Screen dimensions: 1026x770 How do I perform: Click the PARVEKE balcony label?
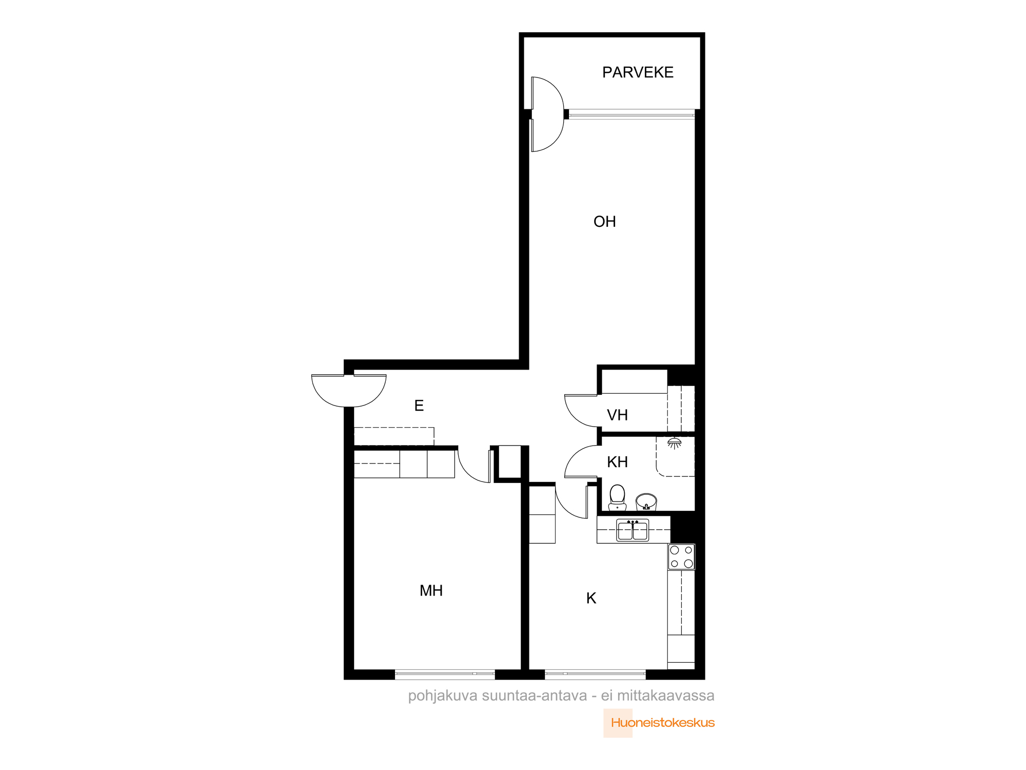638,72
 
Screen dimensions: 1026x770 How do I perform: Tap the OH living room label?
604,222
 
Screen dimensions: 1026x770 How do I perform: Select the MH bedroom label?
431,591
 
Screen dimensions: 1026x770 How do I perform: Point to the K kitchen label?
591,598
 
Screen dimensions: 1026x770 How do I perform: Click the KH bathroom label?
617,462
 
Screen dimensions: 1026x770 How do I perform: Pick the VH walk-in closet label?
617,415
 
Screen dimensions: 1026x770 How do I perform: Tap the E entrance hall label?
419,406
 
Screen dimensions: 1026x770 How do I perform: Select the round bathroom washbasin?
646,502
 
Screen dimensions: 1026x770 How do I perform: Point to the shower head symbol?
675,443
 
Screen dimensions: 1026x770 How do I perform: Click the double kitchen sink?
633,530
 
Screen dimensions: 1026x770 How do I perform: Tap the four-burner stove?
681,557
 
